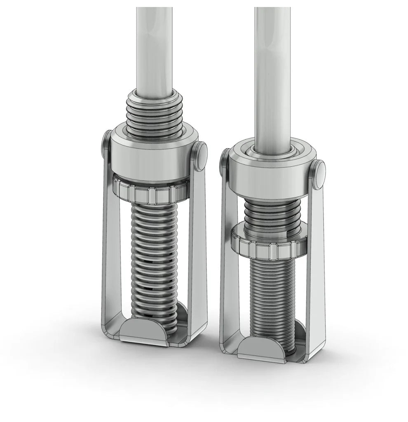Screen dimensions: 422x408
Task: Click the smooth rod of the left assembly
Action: (155, 49)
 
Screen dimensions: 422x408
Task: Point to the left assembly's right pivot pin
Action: (201, 156)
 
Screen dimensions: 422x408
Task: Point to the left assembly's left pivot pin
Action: (106, 144)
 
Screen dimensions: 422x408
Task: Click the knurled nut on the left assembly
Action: (150, 191)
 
